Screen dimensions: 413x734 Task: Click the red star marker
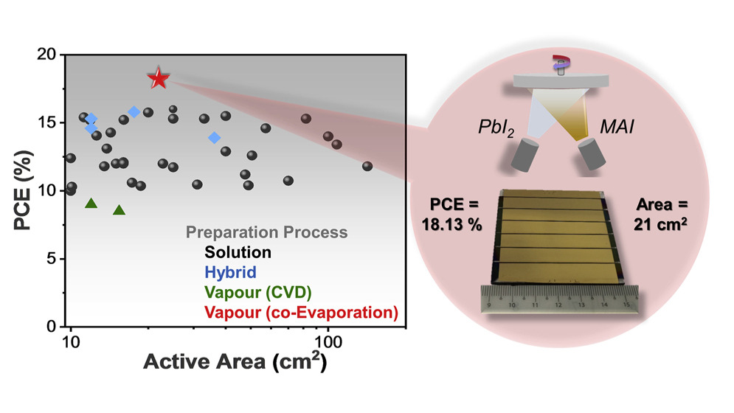click(x=158, y=78)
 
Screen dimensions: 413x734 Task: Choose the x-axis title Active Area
click(x=235, y=364)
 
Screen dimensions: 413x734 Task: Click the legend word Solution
click(x=238, y=252)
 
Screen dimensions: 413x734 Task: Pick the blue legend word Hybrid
click(x=231, y=273)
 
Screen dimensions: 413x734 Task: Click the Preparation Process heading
click(x=266, y=232)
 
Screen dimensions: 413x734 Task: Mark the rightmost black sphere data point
click(x=367, y=166)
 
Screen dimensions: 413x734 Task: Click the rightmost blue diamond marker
click(x=215, y=138)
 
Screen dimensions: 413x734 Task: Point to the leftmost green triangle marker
click(x=91, y=203)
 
